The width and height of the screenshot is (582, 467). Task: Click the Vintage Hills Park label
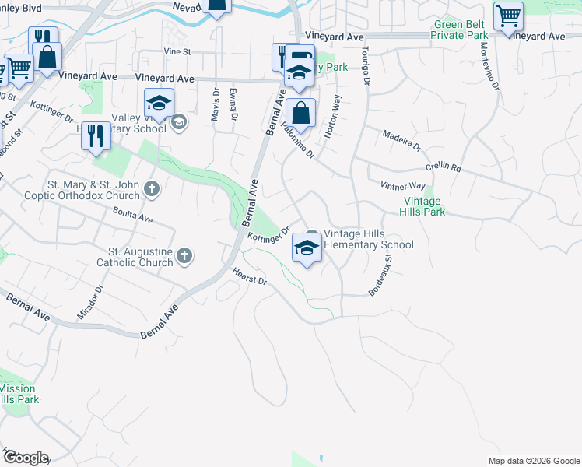coord(421,206)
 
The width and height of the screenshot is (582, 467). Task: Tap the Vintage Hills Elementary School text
coord(368,239)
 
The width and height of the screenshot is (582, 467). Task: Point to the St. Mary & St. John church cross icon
coord(152,188)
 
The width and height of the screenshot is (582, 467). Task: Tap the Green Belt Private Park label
coord(460,30)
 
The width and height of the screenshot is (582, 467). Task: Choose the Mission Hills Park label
coord(17,394)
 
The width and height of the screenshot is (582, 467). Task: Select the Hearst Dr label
coord(250,276)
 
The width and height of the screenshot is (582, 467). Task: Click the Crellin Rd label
coord(444,168)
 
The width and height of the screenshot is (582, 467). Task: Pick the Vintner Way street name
coord(402,186)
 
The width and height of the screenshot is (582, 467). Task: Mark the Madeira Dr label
coord(401,141)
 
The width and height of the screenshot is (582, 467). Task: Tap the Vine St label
coord(177,51)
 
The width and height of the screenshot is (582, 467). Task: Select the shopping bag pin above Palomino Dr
coord(300,114)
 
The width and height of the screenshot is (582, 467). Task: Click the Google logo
coord(25,458)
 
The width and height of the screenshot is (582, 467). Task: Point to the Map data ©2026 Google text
coord(534,461)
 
